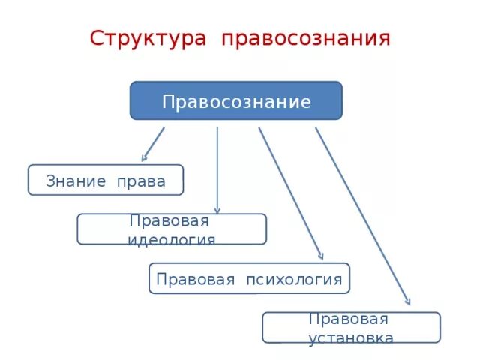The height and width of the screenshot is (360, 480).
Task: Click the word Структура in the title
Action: pos(147,38)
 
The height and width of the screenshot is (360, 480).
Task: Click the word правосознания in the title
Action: pos(305,38)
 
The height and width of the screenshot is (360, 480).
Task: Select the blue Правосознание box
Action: pos(235,101)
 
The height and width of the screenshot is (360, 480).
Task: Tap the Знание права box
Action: pos(106,180)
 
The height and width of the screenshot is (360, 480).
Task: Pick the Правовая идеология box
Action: pos(172,229)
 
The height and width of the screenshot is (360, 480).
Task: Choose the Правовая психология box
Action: pos(249,279)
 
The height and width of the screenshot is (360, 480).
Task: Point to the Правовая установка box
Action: pos(351,328)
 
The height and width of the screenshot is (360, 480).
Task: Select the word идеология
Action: pos(172,240)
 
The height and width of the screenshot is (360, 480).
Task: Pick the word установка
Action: pos(351,337)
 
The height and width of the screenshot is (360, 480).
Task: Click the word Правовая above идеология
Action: pos(169,221)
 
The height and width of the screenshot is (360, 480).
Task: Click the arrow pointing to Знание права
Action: pos(153,144)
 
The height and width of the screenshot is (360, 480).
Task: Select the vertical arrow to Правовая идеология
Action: pos(217,169)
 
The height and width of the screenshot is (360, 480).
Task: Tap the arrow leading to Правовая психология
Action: pos(290,193)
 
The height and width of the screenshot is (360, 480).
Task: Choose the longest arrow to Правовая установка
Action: pos(361,214)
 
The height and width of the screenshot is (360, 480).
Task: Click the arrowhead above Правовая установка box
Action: pos(407,300)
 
